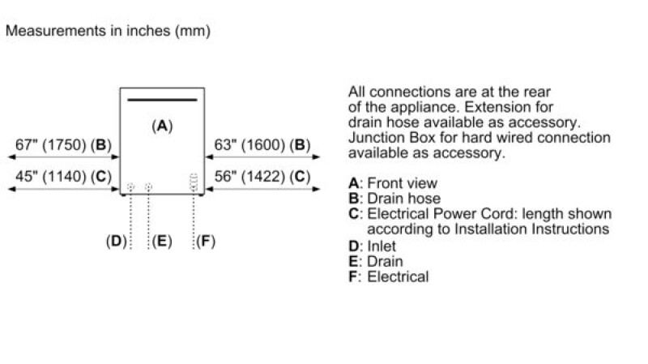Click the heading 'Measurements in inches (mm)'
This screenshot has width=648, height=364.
point(108,32)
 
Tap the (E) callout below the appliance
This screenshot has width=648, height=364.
point(162,241)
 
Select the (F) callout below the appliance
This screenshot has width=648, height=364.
point(206,241)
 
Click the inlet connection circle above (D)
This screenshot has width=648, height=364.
point(130,187)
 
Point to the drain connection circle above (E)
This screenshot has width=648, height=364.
point(148,187)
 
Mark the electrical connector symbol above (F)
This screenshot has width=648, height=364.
point(194,182)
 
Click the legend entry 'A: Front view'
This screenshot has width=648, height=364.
point(392,183)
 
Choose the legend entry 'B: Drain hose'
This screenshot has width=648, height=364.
point(394,199)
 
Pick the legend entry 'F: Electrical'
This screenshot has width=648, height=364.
point(388,277)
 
